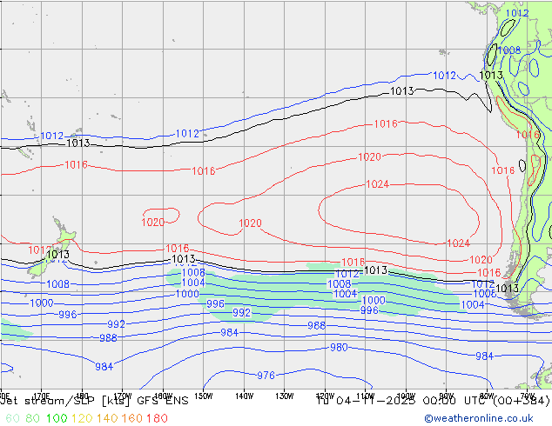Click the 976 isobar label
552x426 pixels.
click(266, 376)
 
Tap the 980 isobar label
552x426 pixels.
click(339, 348)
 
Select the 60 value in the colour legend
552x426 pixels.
click(11, 418)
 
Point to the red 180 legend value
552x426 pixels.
click(157, 418)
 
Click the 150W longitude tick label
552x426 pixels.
click(203, 396)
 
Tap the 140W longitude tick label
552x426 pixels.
click(244, 396)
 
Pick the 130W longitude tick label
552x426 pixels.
click(284, 396)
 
